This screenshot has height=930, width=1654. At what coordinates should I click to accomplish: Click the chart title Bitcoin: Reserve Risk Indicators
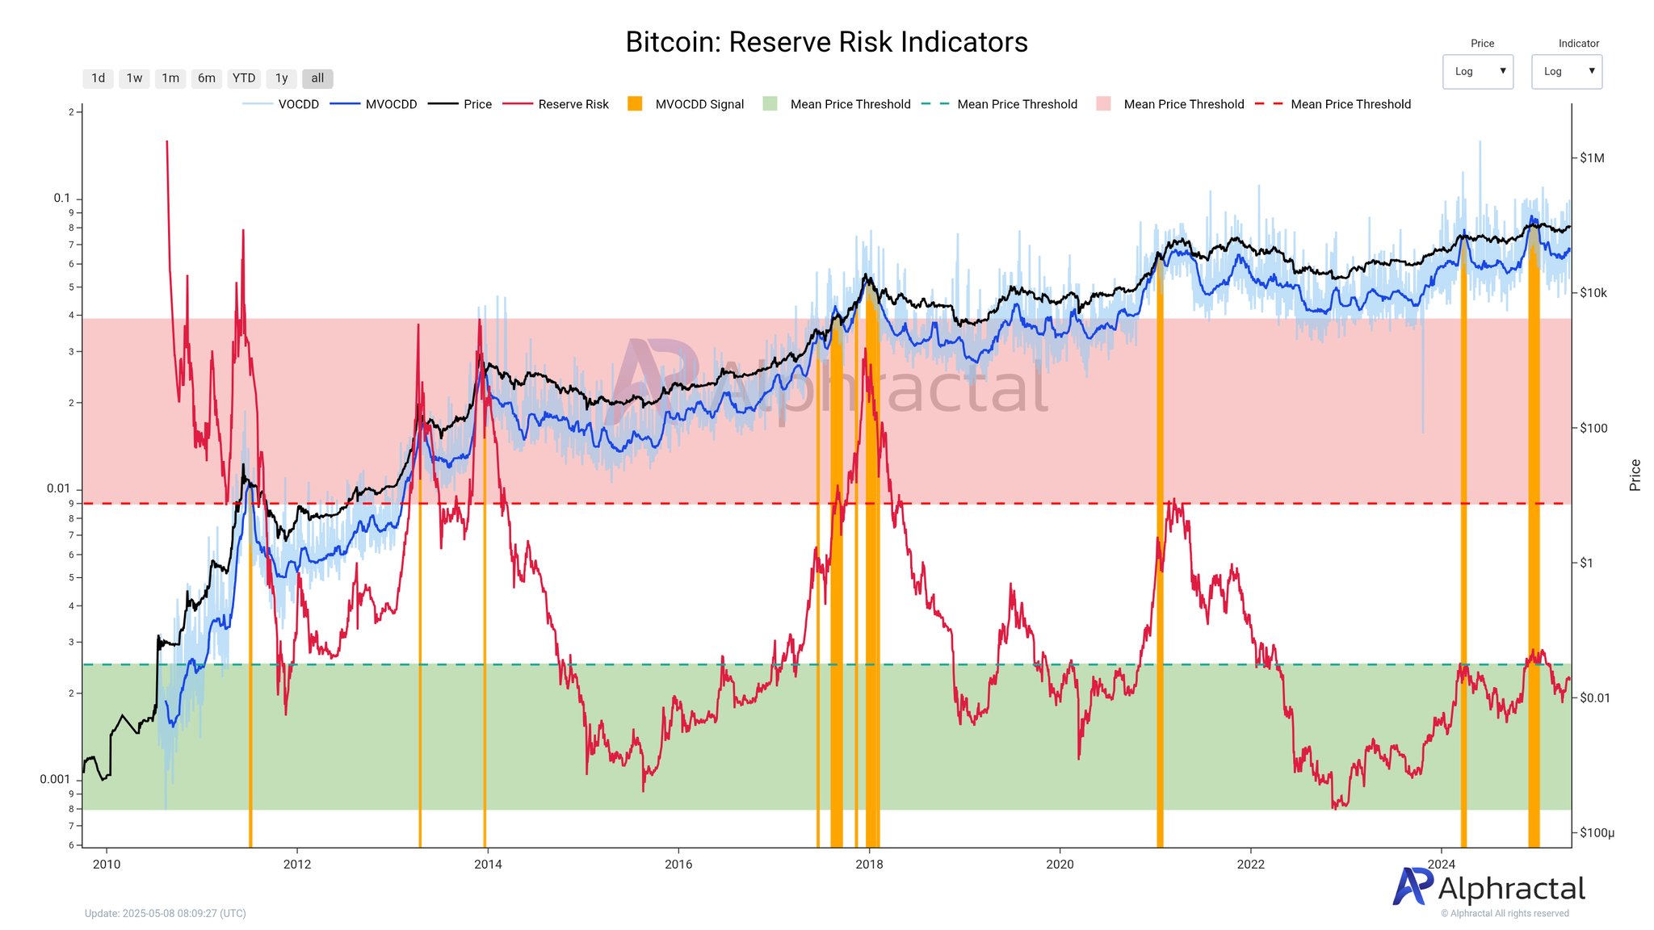coord(826,42)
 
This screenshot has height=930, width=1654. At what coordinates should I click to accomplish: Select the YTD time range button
coord(243,78)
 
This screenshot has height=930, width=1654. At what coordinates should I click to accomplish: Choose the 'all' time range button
coord(317,78)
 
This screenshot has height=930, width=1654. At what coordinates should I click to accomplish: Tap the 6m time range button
coord(207,78)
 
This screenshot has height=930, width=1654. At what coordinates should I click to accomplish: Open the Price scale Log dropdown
coord(1477,71)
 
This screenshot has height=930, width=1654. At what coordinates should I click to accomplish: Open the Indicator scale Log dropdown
coord(1566,71)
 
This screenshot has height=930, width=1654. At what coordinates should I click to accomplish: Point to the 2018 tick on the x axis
coord(869,865)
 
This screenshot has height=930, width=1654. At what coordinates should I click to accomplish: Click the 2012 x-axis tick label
coord(297,865)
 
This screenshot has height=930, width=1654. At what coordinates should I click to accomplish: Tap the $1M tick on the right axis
coord(1592,158)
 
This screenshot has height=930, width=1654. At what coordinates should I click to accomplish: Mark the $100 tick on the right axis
coord(1593,428)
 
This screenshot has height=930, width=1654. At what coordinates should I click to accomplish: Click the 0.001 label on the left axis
coord(55,779)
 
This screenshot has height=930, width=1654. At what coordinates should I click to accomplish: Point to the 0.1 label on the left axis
coord(61,198)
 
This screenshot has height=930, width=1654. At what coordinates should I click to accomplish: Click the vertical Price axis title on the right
coord(1635,475)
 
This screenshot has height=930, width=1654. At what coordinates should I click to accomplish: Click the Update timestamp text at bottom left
coord(166,913)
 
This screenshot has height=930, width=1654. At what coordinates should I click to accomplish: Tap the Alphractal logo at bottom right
coord(1488,888)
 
